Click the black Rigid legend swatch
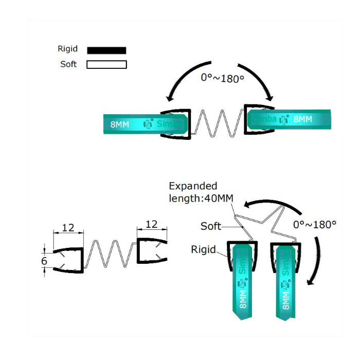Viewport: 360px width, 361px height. (106, 50)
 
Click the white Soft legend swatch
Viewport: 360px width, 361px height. (106, 65)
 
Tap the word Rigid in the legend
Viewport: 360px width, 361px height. (68, 49)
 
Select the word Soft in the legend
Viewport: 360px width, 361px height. (68, 65)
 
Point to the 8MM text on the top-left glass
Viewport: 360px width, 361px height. (120, 124)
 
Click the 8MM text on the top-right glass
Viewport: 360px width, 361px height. (302, 119)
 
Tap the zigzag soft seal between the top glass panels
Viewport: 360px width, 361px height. (215, 123)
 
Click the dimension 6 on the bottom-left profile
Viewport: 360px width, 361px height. (44, 261)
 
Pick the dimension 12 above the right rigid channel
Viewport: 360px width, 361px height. (152, 224)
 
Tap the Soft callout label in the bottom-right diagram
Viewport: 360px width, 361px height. (211, 226)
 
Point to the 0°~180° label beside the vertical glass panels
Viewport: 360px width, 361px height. (314, 225)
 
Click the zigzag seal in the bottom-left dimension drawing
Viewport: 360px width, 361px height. (109, 254)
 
